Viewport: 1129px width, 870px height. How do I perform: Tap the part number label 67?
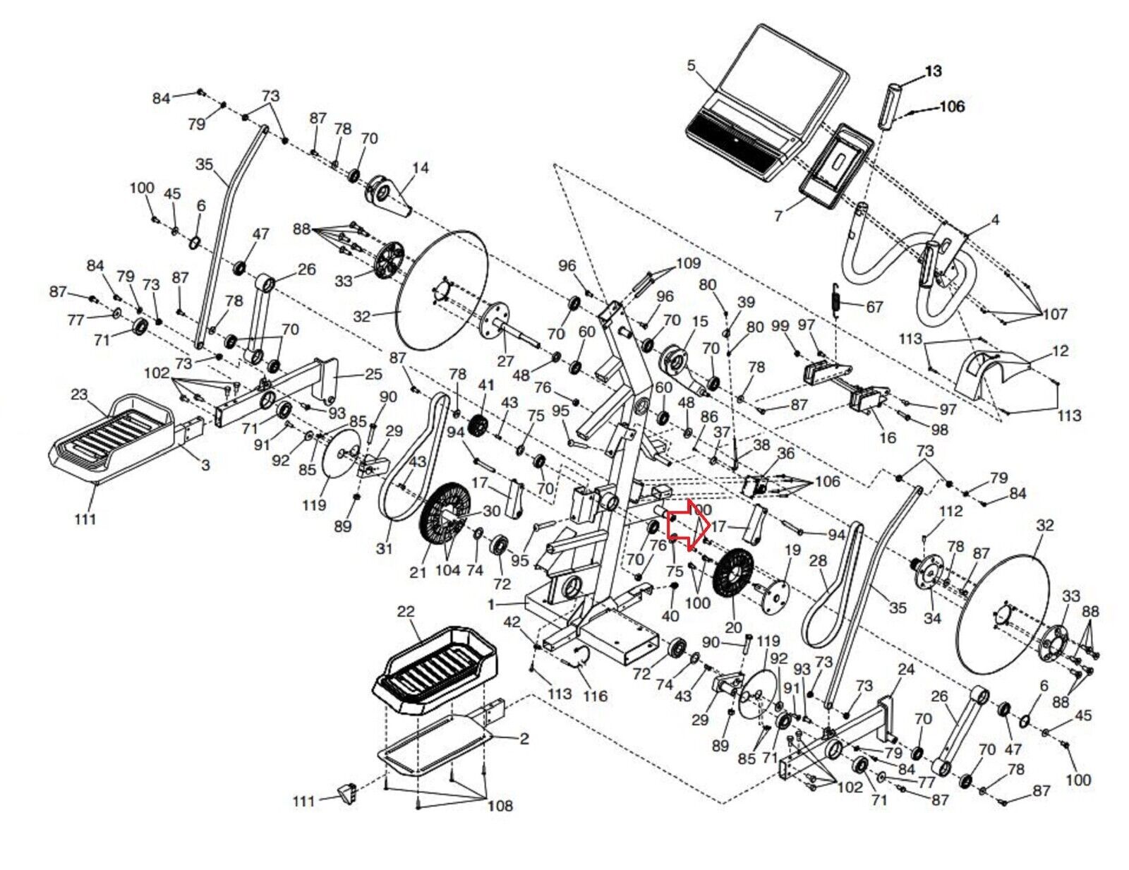click(x=874, y=307)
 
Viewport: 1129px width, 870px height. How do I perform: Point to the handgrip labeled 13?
click(x=890, y=107)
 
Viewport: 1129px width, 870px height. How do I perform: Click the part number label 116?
click(x=595, y=696)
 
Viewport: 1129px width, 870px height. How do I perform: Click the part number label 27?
click(x=505, y=362)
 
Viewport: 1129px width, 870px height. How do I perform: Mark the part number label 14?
click(x=421, y=168)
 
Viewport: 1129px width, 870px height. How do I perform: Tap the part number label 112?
click(x=951, y=511)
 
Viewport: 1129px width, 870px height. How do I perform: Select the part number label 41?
click(x=486, y=385)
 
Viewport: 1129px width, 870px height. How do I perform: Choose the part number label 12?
click(x=1061, y=351)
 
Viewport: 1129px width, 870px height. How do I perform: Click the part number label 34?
click(x=933, y=618)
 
